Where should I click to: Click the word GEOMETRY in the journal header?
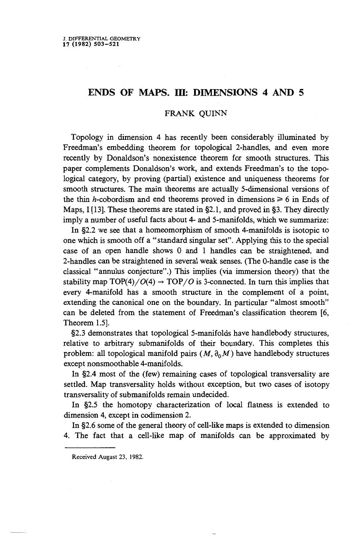tap(127, 38)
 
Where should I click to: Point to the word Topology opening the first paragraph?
tap(85, 137)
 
